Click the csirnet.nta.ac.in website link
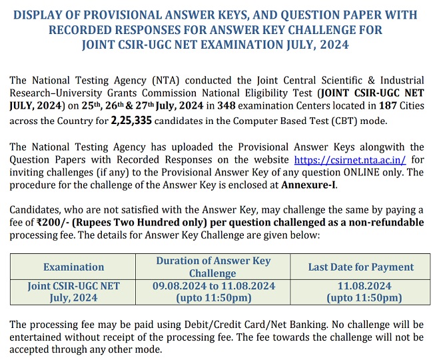[x=350, y=160]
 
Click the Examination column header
[x=74, y=267]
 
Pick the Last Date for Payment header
[x=361, y=267]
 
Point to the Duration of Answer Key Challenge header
[x=213, y=267]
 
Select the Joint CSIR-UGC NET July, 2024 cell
[x=74, y=292]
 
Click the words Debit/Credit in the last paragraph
[x=212, y=324]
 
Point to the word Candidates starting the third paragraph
[x=36, y=210]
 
